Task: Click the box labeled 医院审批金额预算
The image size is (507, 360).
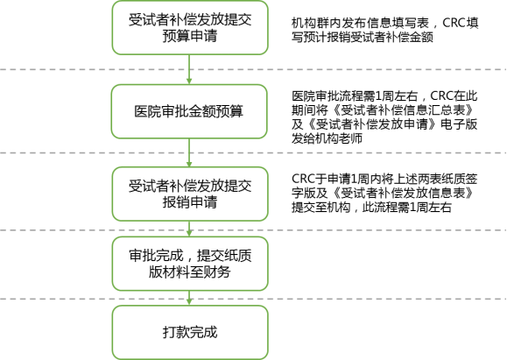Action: click(189, 111)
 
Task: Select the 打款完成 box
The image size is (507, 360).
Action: click(190, 333)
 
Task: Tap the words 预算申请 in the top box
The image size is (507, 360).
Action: click(190, 36)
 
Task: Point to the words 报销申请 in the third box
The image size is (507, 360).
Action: click(190, 202)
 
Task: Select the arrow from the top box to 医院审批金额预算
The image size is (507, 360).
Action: click(189, 69)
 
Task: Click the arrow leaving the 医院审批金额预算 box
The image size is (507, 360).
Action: click(189, 153)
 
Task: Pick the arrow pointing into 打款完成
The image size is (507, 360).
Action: click(189, 298)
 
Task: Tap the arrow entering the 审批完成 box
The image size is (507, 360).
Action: click(189, 229)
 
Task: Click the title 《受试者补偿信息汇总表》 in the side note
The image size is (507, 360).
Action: click(405, 110)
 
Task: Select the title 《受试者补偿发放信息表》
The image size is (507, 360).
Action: click(405, 193)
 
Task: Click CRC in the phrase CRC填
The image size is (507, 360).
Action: click(454, 23)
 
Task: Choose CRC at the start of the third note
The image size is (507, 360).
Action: click(303, 179)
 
